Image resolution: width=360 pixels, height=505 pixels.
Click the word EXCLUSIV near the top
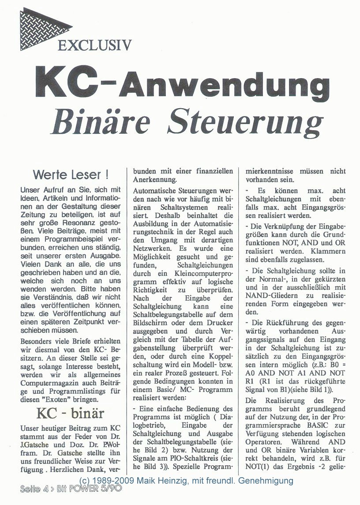coord(94,45)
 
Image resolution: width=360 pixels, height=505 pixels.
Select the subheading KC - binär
coord(70,414)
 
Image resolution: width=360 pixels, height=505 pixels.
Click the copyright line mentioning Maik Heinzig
coord(186,480)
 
